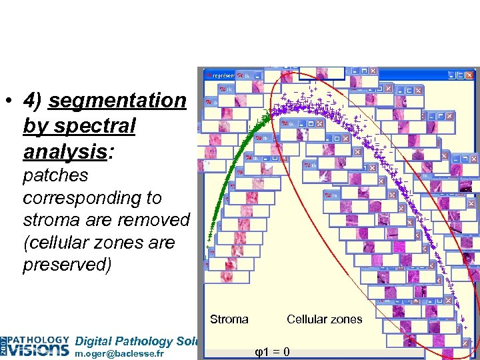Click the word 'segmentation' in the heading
[x=117, y=101]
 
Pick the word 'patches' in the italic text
[x=55, y=175]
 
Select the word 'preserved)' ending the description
[x=67, y=265]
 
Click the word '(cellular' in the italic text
[x=57, y=243]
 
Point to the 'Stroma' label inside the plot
[x=229, y=319]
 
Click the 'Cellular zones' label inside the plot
[x=324, y=319]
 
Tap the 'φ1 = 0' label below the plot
[x=272, y=351]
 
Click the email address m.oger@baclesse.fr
[x=120, y=353]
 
